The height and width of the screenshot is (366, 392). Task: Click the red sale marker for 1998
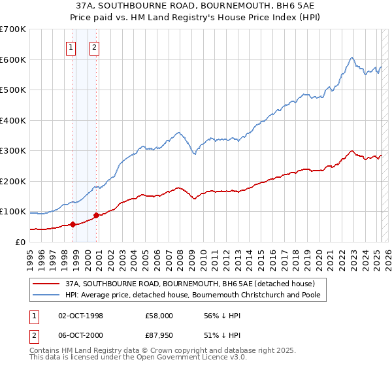click(x=73, y=224)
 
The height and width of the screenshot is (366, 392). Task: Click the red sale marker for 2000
click(x=96, y=215)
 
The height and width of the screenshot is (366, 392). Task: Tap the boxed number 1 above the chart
click(x=71, y=46)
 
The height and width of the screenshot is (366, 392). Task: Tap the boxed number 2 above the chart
click(x=94, y=46)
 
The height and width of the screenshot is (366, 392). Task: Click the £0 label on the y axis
click(x=20, y=242)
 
